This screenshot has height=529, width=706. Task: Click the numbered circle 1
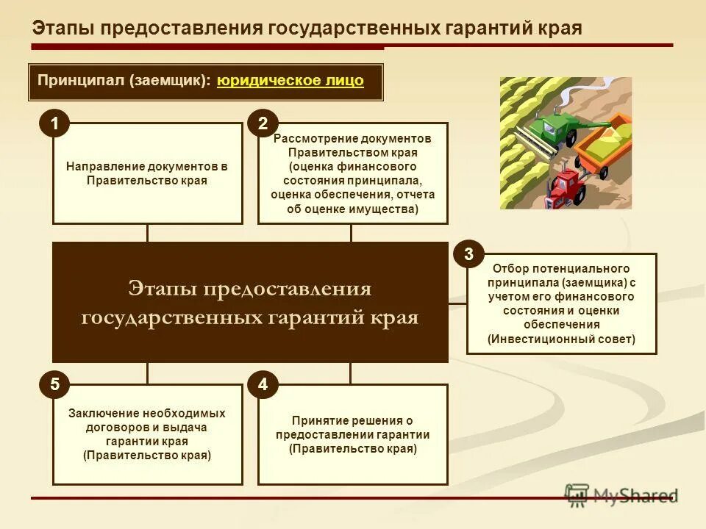tap(54, 124)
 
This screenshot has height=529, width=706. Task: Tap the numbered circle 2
tap(263, 124)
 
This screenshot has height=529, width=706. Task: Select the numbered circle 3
tap(469, 255)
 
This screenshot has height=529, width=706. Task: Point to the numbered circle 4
tap(263, 385)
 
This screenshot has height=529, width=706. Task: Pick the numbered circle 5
tap(54, 385)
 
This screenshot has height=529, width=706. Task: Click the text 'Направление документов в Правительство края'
tap(147, 173)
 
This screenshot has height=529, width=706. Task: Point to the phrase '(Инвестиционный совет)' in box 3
tap(561, 339)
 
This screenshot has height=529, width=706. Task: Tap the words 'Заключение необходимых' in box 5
tap(147, 414)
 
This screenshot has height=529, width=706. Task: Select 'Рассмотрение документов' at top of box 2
tap(352, 139)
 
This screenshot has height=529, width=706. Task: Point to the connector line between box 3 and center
tap(457, 303)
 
